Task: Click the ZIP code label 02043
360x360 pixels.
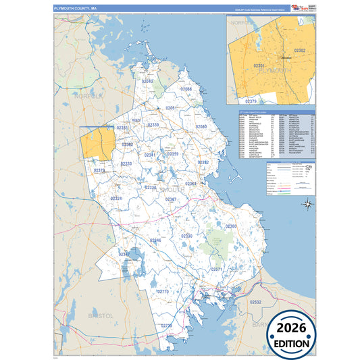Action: (147, 82)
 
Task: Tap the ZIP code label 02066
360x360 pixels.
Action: (186, 89)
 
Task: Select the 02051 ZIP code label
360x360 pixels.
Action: (172, 108)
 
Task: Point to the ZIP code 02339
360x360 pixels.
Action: (154, 125)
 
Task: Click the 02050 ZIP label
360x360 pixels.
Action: (201, 127)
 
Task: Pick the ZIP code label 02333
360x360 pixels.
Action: (126, 163)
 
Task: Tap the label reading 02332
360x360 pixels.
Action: (203, 163)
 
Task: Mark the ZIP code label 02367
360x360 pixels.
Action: (172, 200)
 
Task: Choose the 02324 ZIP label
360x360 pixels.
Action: (117, 199)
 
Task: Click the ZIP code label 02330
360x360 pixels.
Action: (186, 236)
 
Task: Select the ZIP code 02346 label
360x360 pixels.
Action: (155, 240)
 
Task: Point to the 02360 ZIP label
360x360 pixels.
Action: (231, 226)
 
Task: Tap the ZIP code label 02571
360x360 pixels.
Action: (217, 269)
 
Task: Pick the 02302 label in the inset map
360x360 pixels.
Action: (300, 51)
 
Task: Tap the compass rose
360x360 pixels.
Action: (307, 203)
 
